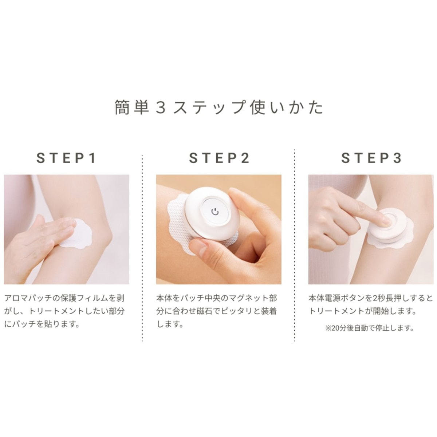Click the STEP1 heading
point(66,158)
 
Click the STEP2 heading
point(219,158)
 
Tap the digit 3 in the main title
point(161,107)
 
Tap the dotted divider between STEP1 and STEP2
point(142,248)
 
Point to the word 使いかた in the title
point(287,107)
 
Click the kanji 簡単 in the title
point(131,107)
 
